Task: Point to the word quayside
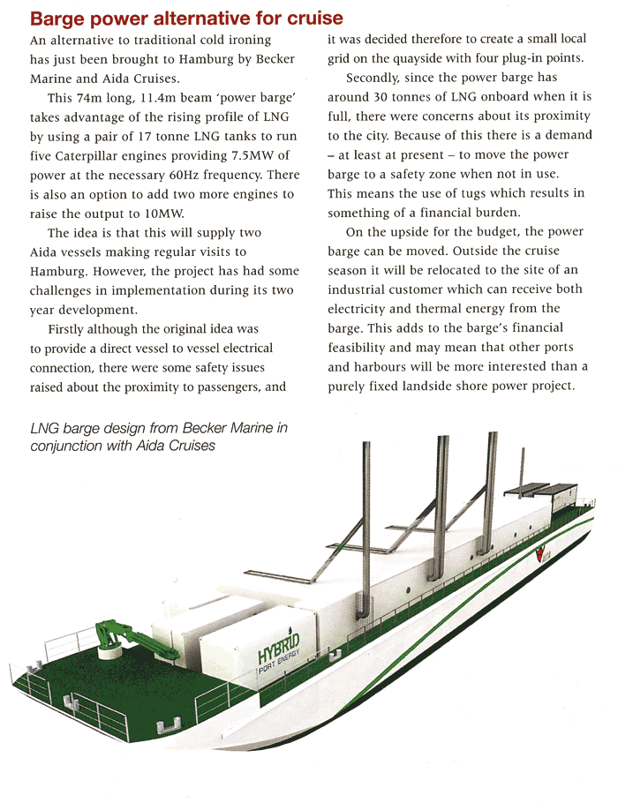(x=415, y=59)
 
